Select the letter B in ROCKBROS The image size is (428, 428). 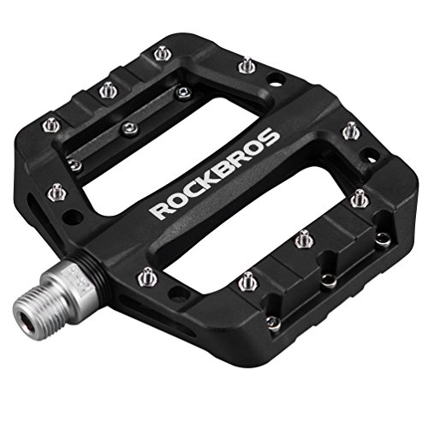(x=225, y=173)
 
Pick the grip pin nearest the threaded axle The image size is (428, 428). (x=147, y=276)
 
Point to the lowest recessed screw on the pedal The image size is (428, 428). (x=272, y=322)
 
